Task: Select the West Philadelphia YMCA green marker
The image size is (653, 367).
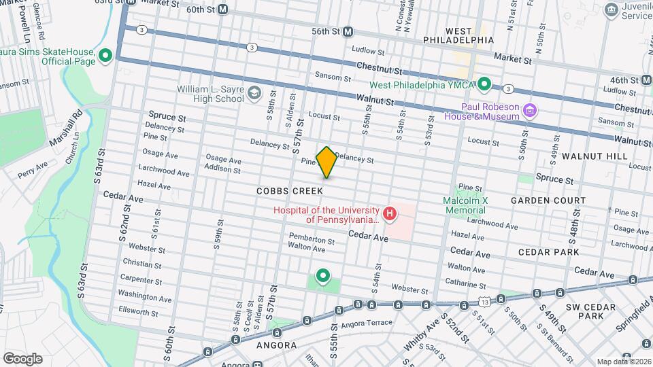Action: click(x=484, y=85)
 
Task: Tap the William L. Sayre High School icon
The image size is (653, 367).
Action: click(x=254, y=94)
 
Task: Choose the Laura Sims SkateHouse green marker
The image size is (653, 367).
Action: click(x=105, y=56)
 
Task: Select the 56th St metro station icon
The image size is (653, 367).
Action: click(x=348, y=31)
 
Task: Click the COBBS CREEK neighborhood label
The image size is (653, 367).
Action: click(x=289, y=192)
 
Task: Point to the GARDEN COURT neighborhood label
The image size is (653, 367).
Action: click(x=548, y=200)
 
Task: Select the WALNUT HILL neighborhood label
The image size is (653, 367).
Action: click(x=595, y=156)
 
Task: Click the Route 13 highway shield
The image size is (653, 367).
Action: click(x=484, y=300)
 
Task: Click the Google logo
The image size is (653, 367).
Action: click(x=22, y=358)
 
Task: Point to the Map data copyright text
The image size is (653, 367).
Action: click(x=623, y=362)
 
